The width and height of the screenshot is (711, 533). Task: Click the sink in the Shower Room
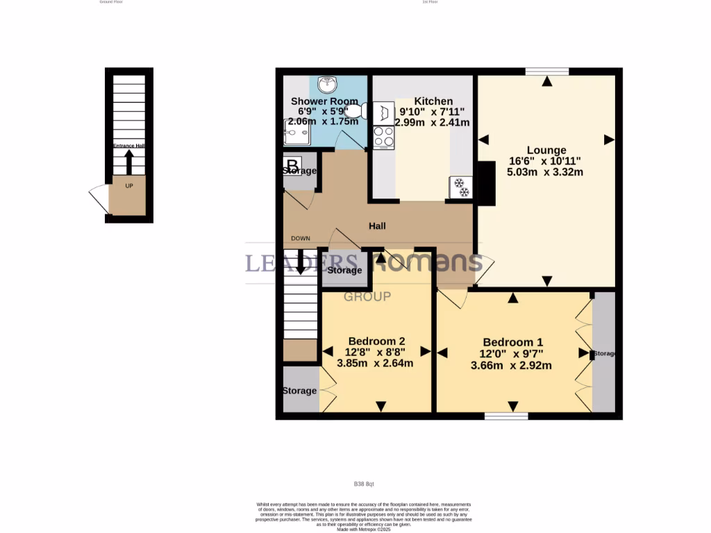pos(326,85)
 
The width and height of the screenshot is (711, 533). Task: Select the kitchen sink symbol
pos(383,113)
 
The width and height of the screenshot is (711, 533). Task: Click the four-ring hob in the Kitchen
pos(383,137)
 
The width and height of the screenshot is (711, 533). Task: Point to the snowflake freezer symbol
pos(460,187)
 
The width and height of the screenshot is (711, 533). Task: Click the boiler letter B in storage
pos(293,166)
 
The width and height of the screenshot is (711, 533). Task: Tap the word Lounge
pos(546,150)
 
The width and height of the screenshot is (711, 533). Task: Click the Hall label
pos(377,226)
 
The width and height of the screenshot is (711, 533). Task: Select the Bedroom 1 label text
pos(512,342)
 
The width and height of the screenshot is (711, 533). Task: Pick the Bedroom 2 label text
pos(376,341)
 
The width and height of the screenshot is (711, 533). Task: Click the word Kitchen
pos(433,101)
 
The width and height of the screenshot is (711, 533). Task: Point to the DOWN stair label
pos(301,239)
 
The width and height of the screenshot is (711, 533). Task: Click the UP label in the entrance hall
pos(129,186)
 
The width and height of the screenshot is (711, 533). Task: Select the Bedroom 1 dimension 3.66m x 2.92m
pos(511,365)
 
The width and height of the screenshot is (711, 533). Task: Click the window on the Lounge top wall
pos(547,71)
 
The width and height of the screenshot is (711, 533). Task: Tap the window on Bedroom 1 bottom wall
pos(506,416)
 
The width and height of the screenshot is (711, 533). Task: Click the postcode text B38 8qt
pos(364,484)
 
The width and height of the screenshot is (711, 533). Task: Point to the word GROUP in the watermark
pos(368,296)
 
